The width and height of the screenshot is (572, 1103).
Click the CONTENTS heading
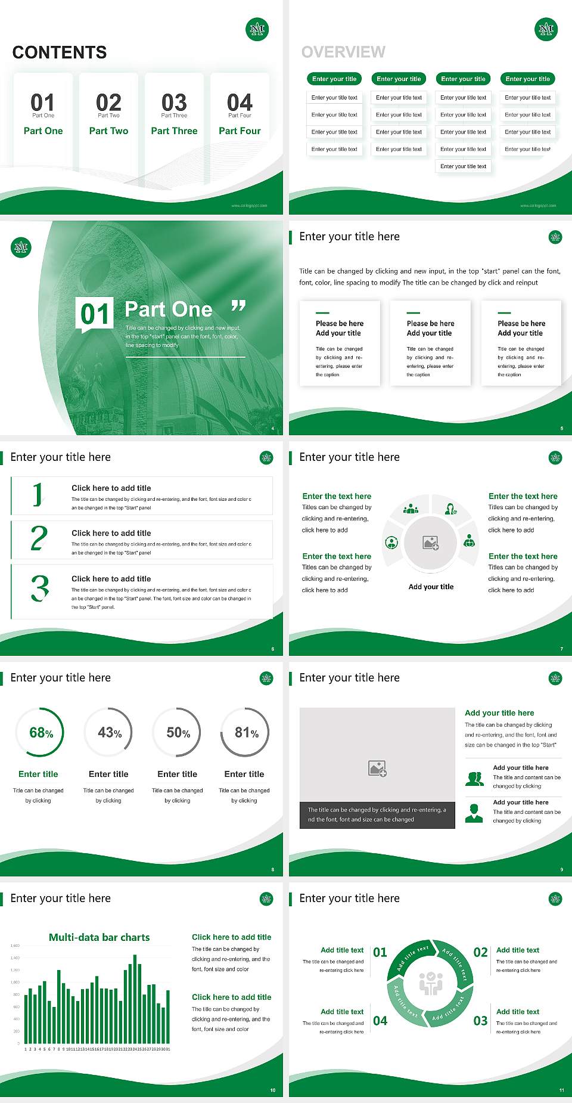(x=60, y=52)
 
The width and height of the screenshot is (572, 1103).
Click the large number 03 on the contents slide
(x=174, y=103)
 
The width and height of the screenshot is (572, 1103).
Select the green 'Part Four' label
(x=240, y=131)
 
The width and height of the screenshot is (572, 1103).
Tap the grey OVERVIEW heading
(x=343, y=52)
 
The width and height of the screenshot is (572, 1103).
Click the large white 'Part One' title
(x=169, y=309)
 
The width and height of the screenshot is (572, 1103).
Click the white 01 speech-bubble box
(x=95, y=314)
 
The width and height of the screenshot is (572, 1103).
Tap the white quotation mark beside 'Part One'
(x=238, y=306)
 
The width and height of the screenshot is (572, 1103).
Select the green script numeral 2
(x=39, y=538)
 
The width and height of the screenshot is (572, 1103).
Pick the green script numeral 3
(x=40, y=588)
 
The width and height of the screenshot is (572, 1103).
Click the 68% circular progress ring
(x=41, y=732)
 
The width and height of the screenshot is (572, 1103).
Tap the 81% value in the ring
(x=246, y=732)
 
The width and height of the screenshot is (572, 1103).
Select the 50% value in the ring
(x=178, y=732)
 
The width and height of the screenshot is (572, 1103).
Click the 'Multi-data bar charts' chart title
(x=100, y=937)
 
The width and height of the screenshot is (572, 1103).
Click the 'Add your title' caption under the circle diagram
(x=431, y=587)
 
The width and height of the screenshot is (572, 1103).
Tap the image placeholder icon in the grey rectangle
(x=378, y=769)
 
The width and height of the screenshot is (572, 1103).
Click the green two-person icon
(x=474, y=778)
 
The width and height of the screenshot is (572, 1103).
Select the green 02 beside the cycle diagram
(x=480, y=952)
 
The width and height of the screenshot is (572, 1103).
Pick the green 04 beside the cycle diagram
(x=380, y=1021)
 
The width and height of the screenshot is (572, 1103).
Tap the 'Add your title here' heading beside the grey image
(x=499, y=713)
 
